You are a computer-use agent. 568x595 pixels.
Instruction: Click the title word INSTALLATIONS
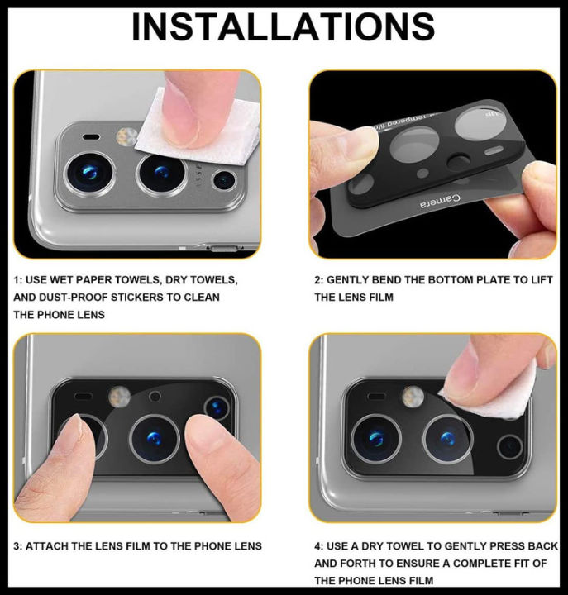coord(283,28)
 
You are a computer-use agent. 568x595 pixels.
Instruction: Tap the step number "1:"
coord(17,280)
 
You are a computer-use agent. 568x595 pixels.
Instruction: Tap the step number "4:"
coord(319,546)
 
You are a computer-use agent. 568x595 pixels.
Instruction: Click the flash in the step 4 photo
coord(413,397)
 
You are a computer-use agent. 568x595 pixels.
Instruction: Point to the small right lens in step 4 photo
coord(509,446)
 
